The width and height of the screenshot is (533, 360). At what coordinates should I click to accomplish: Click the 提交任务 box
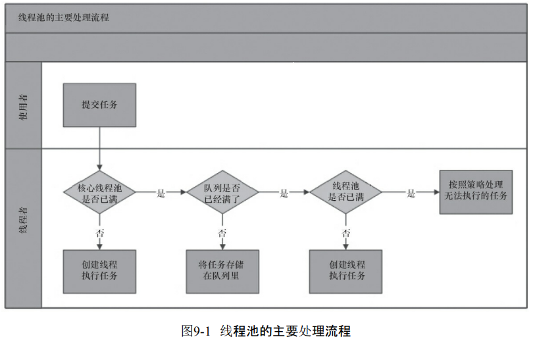(99, 105)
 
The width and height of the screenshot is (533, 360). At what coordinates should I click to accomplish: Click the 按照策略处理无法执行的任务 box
(476, 192)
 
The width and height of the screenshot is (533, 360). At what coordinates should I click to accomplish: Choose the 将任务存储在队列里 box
(222, 270)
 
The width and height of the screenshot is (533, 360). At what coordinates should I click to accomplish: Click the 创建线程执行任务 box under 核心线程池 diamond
(99, 270)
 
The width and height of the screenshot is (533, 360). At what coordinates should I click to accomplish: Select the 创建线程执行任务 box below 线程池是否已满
(346, 270)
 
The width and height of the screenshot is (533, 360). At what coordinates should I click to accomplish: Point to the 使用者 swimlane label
(23, 105)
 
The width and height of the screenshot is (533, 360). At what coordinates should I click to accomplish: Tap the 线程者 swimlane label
(23, 220)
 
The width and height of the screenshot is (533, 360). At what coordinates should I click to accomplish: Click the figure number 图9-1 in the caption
(195, 332)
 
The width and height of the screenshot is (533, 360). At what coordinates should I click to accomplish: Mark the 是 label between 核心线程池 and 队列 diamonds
(161, 193)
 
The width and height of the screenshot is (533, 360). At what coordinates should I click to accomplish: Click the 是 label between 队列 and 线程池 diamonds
(284, 193)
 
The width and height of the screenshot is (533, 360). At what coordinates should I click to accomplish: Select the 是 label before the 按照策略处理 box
(411, 193)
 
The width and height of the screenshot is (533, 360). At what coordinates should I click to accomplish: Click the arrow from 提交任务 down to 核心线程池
(99, 148)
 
